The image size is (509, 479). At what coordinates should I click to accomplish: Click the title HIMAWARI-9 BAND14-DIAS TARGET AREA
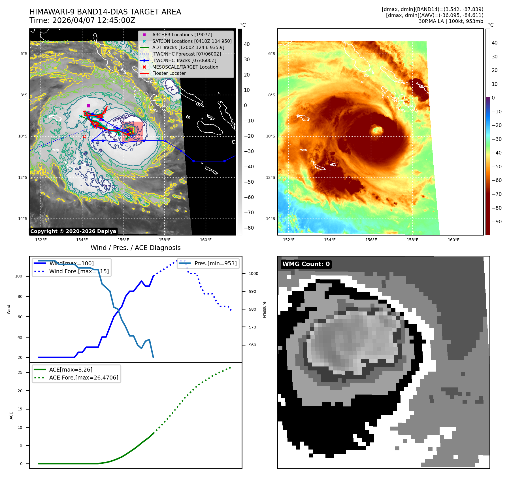tap(105, 12)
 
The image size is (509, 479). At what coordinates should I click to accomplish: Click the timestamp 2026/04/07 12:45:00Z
tap(94, 21)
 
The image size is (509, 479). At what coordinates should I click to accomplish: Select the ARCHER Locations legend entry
tap(182, 35)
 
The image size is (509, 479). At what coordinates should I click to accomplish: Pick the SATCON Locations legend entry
tap(192, 41)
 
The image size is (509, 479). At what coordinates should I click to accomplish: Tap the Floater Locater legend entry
tap(169, 73)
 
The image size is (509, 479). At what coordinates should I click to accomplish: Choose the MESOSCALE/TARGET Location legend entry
tap(185, 67)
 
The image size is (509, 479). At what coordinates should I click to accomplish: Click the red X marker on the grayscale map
tap(84, 137)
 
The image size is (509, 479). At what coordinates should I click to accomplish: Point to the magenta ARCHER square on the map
tap(88, 106)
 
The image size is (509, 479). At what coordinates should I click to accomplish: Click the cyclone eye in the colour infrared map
tap(377, 130)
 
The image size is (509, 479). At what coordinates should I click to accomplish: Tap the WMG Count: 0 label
tap(306, 264)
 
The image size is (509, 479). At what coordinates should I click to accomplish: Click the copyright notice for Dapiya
tap(73, 231)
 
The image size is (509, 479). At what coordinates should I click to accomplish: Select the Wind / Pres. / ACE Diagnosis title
tap(135, 248)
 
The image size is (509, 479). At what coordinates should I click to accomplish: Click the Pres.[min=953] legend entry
tap(215, 263)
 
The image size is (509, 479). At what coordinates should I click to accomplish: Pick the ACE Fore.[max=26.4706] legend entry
tap(84, 378)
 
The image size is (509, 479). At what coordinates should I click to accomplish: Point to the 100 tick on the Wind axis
tap(19, 276)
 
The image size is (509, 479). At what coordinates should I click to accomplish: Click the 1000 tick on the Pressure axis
tap(253, 274)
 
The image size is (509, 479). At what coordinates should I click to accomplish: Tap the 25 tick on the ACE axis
tap(20, 372)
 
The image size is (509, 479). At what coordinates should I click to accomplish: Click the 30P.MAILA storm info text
tap(451, 21)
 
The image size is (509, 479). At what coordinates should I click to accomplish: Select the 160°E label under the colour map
tap(453, 240)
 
